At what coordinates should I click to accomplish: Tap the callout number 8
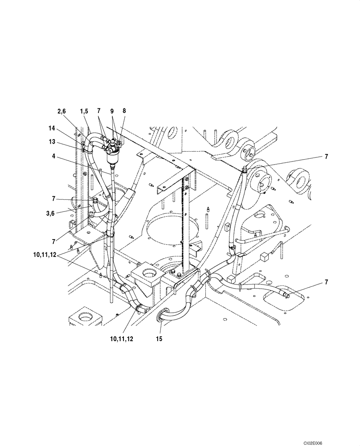[x=124, y=110]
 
